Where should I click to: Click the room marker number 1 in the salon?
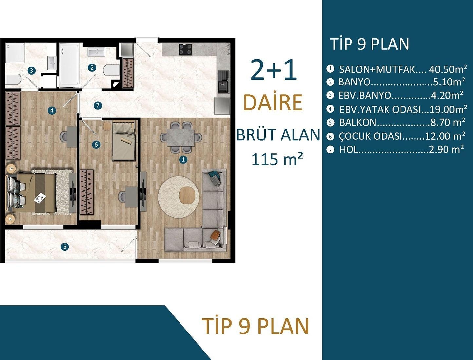click(x=183, y=160)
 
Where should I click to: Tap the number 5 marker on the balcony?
click(x=65, y=247)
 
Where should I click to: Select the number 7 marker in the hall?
click(x=98, y=106)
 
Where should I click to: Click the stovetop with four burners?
click(x=185, y=49)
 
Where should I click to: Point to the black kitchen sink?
click(x=224, y=82)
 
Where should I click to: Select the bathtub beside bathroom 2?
click(x=69, y=65)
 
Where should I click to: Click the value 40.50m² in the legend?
click(x=448, y=69)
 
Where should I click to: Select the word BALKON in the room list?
click(x=358, y=122)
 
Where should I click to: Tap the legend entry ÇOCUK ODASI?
click(x=370, y=136)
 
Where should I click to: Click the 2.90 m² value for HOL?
click(x=446, y=149)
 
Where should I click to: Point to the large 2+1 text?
click(x=274, y=70)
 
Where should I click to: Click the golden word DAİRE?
click(x=273, y=103)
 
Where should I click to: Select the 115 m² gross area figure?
click(x=277, y=159)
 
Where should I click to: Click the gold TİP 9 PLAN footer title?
click(x=255, y=326)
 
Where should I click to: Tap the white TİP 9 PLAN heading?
click(x=369, y=44)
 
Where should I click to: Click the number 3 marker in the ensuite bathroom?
click(x=31, y=70)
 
